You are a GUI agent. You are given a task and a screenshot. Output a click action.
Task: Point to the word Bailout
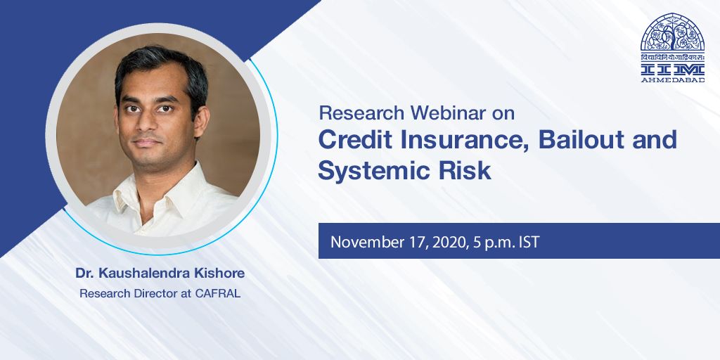(x=581, y=139)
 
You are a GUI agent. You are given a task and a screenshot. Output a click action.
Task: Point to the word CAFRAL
(x=218, y=294)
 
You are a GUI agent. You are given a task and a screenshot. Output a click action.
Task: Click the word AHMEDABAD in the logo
(x=673, y=80)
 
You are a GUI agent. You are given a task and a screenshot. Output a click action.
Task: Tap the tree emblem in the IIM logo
(x=673, y=33)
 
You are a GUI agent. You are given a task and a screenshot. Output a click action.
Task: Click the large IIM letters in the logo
(x=673, y=69)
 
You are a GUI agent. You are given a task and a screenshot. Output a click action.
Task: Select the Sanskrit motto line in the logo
(x=673, y=57)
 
